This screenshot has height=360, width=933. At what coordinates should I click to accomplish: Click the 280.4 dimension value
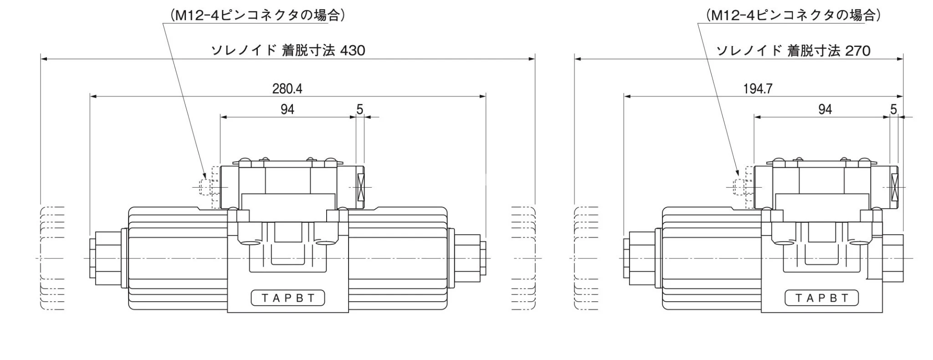tap(287, 88)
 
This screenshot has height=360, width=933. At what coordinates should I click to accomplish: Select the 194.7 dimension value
tap(758, 88)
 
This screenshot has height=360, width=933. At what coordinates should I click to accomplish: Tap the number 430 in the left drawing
tap(353, 51)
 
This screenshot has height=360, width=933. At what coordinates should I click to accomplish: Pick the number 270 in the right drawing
tap(858, 51)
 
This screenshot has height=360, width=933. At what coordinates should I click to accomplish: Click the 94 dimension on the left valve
tap(287, 109)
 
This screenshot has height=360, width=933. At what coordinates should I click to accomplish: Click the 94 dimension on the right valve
tap(825, 109)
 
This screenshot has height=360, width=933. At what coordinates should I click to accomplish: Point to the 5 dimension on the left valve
tap(359, 109)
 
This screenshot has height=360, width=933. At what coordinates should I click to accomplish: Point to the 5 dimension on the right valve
tap(893, 109)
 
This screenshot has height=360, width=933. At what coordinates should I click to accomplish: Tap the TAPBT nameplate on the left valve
tap(288, 298)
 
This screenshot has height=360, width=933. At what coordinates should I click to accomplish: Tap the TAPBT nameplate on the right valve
tap(821, 298)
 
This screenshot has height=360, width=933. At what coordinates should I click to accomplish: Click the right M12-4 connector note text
tap(793, 15)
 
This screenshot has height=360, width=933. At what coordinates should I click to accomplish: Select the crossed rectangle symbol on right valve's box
tap(895, 187)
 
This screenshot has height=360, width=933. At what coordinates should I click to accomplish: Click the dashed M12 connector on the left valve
tap(207, 187)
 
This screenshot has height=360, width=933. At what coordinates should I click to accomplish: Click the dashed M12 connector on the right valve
tap(741, 187)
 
